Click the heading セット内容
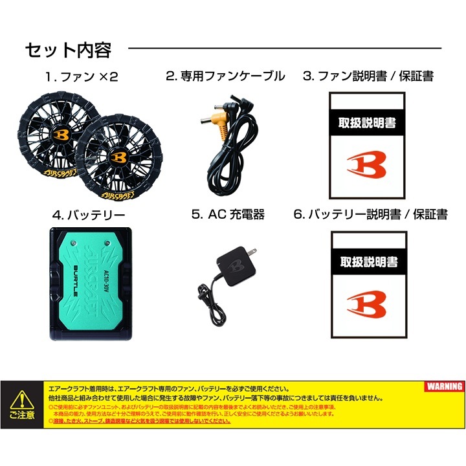pyautogui.click(x=68, y=50)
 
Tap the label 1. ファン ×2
pyautogui.click(x=82, y=76)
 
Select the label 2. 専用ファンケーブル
pyautogui.click(x=225, y=76)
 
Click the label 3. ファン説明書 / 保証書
pyautogui.click(x=368, y=76)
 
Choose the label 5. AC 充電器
pyautogui.click(x=228, y=214)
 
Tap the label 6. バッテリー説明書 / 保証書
pyautogui.click(x=370, y=214)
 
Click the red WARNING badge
pyautogui.click(x=444, y=386)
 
